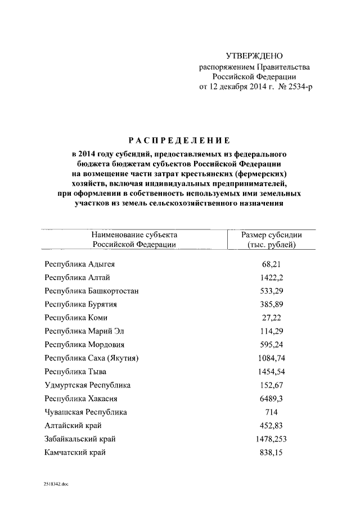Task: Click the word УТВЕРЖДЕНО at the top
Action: click(x=254, y=56)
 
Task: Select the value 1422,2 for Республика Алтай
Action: click(x=272, y=277)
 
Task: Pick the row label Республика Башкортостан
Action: click(x=92, y=291)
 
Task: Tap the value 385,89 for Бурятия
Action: click(x=272, y=304)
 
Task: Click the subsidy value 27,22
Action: click(x=272, y=318)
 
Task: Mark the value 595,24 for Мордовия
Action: click(x=272, y=345)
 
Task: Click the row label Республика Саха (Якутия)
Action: click(x=92, y=358)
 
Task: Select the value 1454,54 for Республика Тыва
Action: click(x=272, y=372)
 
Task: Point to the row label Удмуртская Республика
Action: click(x=87, y=385)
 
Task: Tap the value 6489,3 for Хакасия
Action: click(x=272, y=399)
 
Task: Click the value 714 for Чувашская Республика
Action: click(x=272, y=412)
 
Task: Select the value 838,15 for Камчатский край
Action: click(x=272, y=452)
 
